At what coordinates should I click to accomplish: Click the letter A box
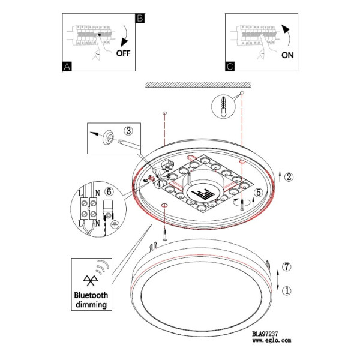(67, 67)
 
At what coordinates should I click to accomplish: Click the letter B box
(140, 18)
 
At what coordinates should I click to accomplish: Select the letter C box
(230, 67)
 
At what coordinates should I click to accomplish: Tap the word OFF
(123, 53)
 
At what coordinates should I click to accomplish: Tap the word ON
(287, 55)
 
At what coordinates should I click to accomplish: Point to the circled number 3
(128, 131)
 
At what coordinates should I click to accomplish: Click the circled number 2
(289, 176)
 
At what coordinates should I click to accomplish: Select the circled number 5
(259, 192)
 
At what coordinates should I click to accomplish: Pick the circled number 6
(109, 191)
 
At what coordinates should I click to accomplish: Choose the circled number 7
(287, 267)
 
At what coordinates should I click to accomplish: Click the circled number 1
(287, 291)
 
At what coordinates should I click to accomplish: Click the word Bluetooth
(91, 295)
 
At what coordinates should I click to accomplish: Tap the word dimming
(91, 305)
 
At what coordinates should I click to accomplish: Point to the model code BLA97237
(265, 334)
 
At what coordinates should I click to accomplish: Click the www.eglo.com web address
(272, 340)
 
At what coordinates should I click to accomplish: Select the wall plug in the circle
(223, 107)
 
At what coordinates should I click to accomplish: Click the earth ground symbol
(115, 224)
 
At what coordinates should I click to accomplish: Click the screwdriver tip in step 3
(119, 142)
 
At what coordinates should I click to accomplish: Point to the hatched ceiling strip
(198, 85)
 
